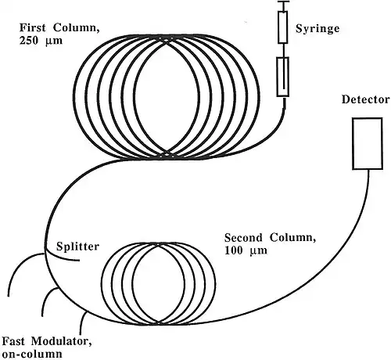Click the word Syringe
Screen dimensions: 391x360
317,29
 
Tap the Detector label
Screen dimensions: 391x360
366,99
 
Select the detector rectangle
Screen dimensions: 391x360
368,144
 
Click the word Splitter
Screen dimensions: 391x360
77,247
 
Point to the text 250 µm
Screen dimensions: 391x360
41,41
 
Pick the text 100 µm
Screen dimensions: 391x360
246,250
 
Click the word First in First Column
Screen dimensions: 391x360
33,27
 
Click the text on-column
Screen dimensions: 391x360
32,354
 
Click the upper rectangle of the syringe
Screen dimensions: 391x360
283,27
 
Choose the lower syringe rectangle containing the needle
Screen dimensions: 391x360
283,77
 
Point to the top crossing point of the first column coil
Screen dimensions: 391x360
166,39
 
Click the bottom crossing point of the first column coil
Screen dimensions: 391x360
167,154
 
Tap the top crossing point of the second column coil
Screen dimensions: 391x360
159,245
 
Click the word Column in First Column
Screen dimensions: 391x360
77,27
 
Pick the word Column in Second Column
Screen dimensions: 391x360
292,238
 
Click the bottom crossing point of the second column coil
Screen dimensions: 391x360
159,322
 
